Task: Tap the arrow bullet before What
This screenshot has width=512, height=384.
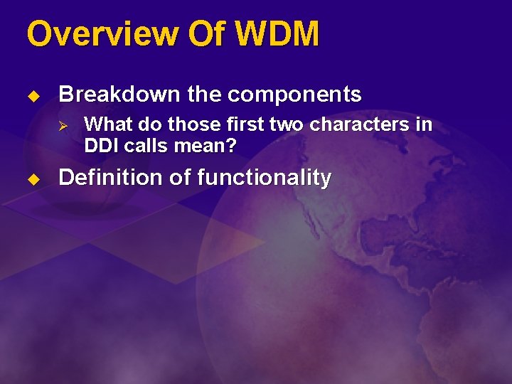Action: click(62, 125)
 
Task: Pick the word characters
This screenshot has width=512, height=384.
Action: click(366, 124)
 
